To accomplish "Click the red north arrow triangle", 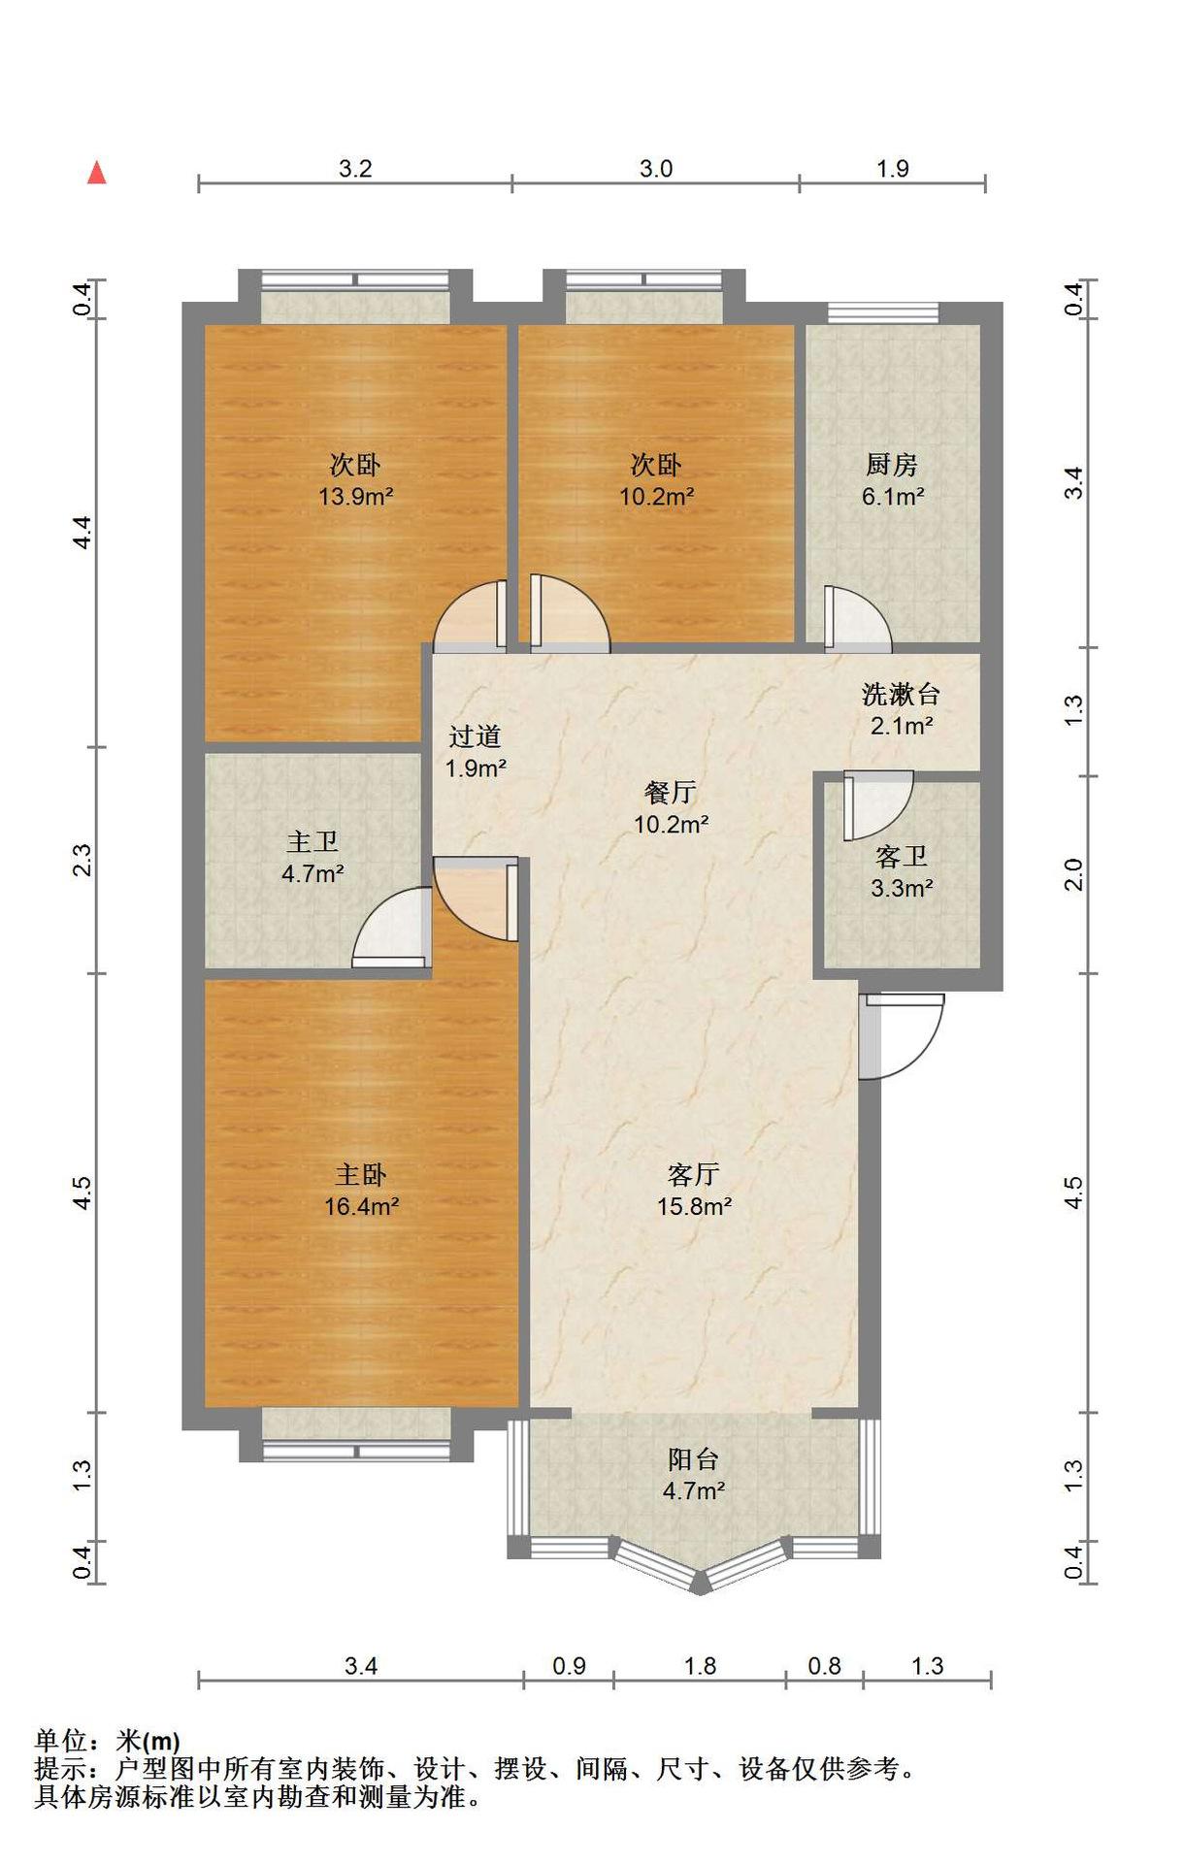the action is pyautogui.click(x=97, y=173).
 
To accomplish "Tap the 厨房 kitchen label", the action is pyautogui.click(x=892, y=465).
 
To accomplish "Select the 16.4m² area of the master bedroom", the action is pyautogui.click(x=362, y=1207).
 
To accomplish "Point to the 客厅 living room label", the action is pyautogui.click(x=693, y=1175).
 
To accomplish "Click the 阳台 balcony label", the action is pyautogui.click(x=693, y=1459).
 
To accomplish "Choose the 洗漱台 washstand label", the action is pyautogui.click(x=901, y=694).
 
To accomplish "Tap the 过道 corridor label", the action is pyautogui.click(x=475, y=736).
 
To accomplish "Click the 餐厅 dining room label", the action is pyautogui.click(x=670, y=792).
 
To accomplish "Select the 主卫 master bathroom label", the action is pyautogui.click(x=312, y=841).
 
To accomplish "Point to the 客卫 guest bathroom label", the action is pyautogui.click(x=901, y=856).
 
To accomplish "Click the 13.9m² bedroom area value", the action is pyautogui.click(x=356, y=497).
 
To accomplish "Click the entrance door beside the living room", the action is pyautogui.click(x=901, y=1035).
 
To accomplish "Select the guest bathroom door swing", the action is pyautogui.click(x=878, y=804).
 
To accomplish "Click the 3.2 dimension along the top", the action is pyautogui.click(x=355, y=169).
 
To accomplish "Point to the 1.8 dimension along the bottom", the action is pyautogui.click(x=700, y=1666).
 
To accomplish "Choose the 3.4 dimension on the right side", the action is pyautogui.click(x=1073, y=483).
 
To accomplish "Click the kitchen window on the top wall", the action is pyautogui.click(x=883, y=312).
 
